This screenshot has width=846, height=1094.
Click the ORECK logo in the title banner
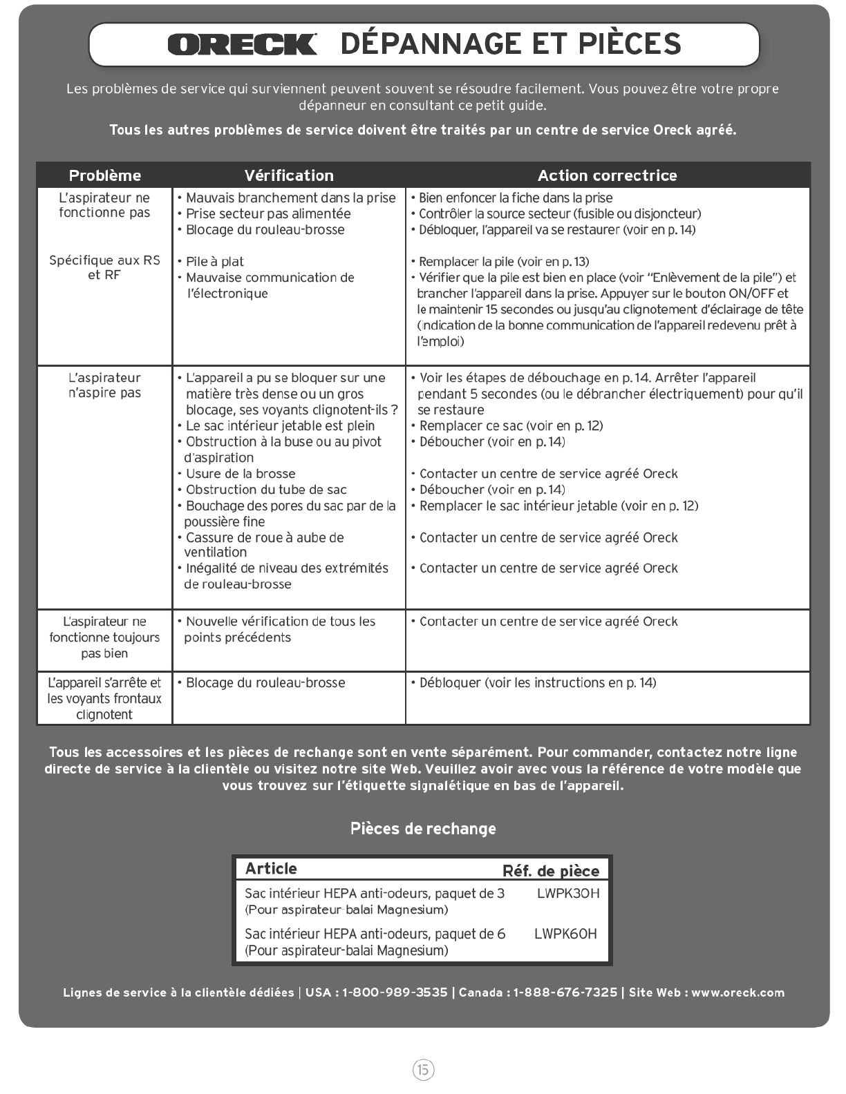coord(242,44)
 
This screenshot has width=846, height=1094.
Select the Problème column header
coord(105,175)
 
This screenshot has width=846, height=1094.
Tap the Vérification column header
coord(289,175)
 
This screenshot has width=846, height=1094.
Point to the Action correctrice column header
coord(607,175)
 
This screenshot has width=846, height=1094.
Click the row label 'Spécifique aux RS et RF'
coord(104,267)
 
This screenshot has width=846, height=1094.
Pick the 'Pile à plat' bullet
coord(214,262)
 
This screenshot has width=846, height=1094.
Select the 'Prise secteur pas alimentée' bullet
coord(268,214)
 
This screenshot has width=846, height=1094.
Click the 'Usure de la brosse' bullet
coord(241,474)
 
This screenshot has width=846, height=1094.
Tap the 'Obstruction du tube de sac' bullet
coord(266,490)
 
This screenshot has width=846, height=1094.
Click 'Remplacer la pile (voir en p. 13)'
coord(504,262)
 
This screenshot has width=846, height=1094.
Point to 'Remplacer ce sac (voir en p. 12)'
coord(511,426)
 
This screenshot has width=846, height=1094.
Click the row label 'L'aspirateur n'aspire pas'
coord(104,385)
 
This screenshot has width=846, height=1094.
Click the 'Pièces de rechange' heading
coord(423,829)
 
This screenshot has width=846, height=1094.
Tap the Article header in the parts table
coord(271,869)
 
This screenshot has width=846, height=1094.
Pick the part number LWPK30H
coord(568,894)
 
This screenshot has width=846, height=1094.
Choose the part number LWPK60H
coord(565,934)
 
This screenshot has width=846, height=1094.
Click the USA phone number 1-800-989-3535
coord(395,992)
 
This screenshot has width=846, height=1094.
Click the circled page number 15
coord(423,1070)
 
